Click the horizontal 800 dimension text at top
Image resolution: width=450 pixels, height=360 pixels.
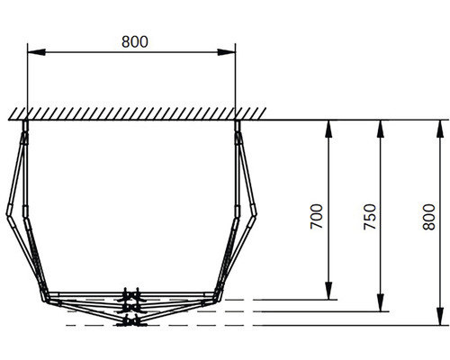pyautogui.click(x=134, y=40)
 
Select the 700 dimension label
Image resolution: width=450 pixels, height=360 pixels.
pyautogui.click(x=316, y=219)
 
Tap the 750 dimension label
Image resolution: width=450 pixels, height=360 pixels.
pyautogui.click(x=368, y=219)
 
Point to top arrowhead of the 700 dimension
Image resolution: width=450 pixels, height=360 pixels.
pyautogui.click(x=329, y=127)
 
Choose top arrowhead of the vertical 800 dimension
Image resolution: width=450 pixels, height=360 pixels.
pyautogui.click(x=440, y=127)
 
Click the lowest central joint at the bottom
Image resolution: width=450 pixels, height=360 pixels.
pyautogui.click(x=132, y=321)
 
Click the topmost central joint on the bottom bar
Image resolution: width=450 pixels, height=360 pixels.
pyautogui.click(x=132, y=293)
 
